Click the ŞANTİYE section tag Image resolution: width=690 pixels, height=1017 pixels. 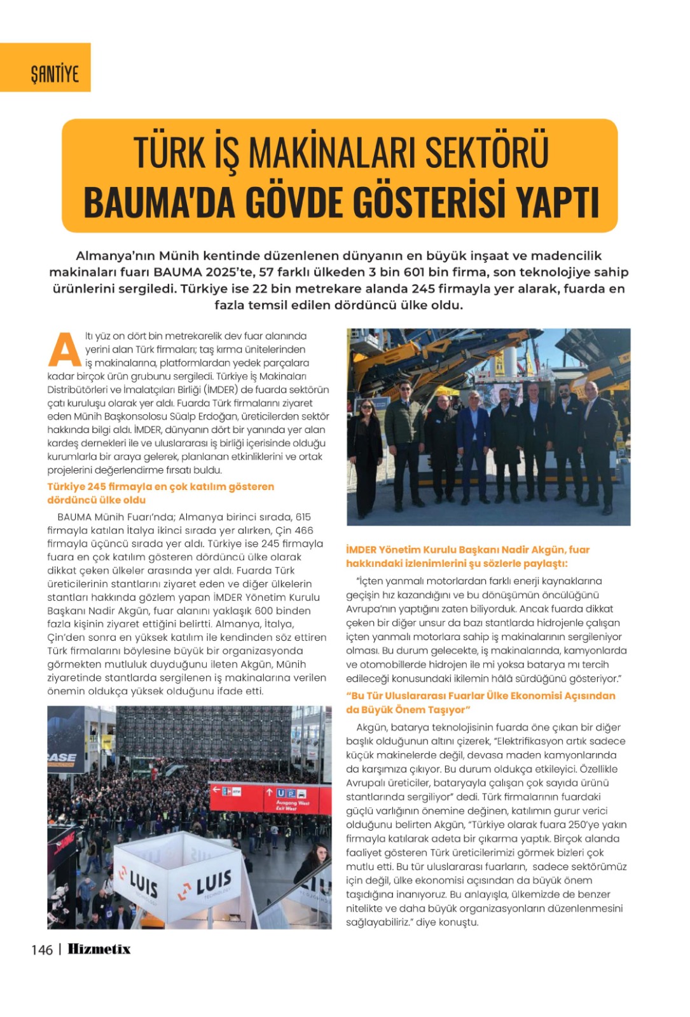point(55,74)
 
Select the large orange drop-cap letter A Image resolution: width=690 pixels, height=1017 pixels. point(64,350)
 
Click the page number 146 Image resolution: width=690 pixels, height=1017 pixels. point(41,950)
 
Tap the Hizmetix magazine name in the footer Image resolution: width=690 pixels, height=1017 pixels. point(99,949)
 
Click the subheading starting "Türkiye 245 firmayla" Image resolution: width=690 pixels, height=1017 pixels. point(160,493)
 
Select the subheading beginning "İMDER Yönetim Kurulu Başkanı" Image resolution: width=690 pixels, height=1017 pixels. point(467,556)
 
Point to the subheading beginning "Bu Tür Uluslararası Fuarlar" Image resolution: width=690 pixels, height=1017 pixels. point(480,702)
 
